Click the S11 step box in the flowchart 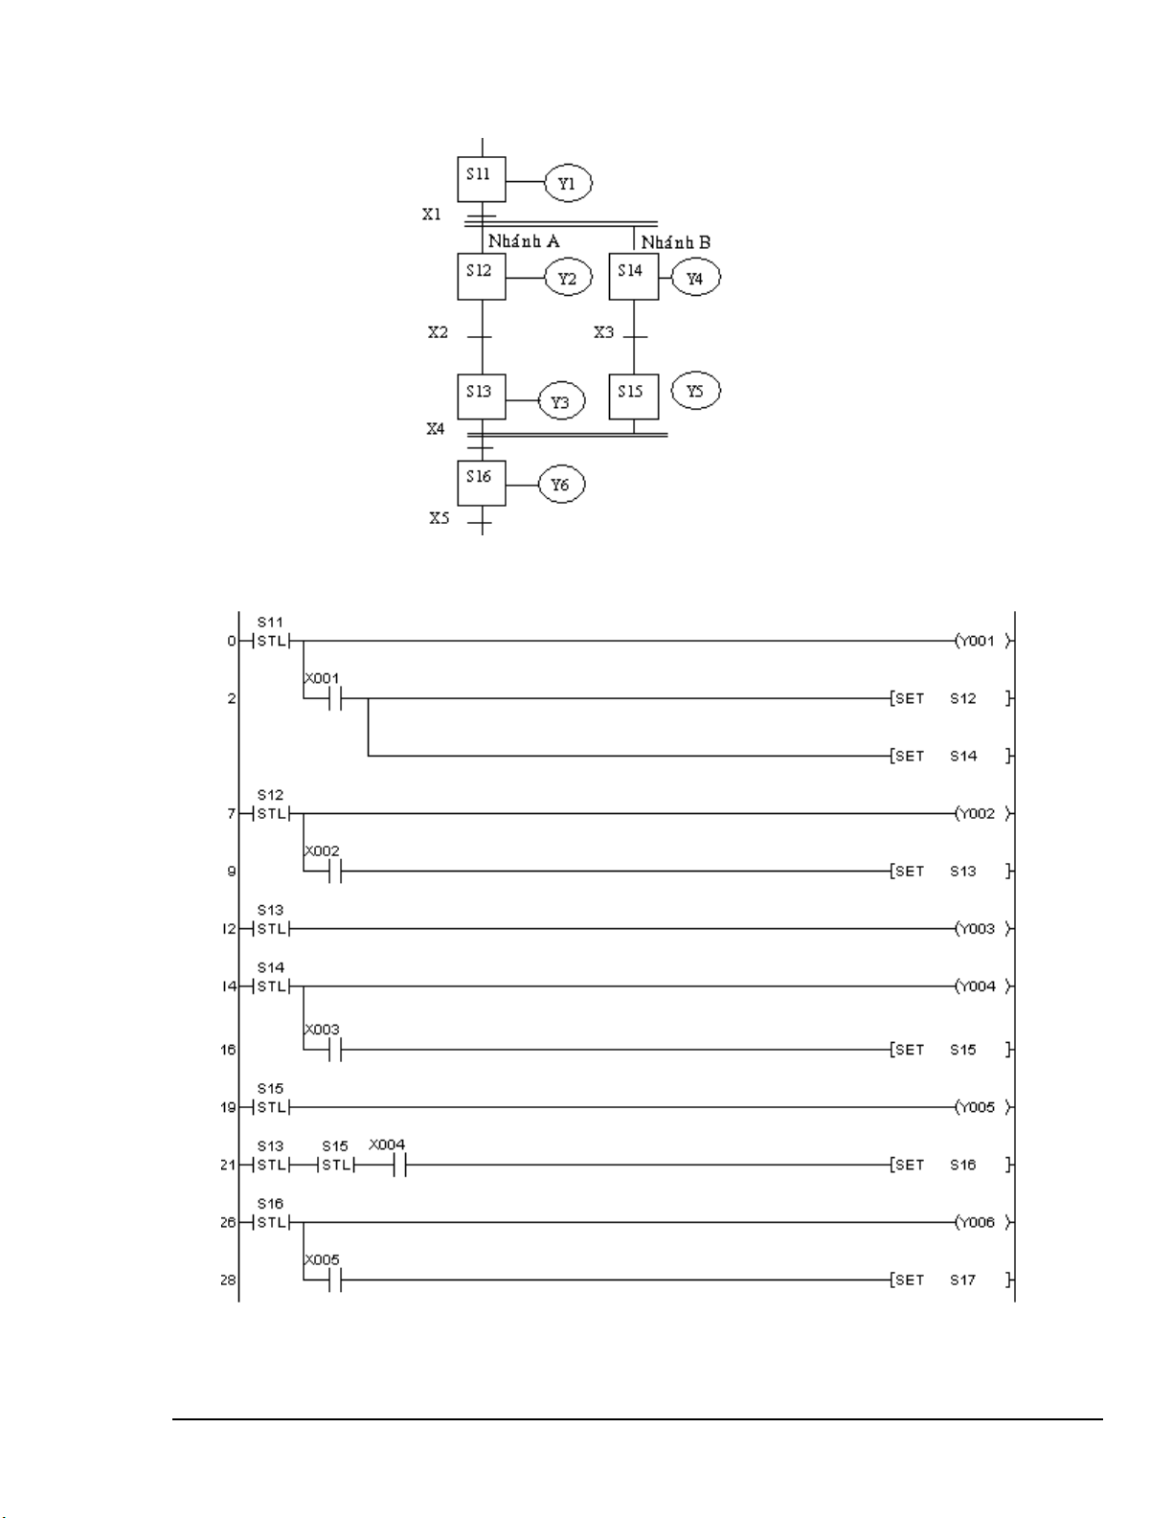(x=481, y=179)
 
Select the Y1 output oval (x=568, y=182)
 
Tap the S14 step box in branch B (x=633, y=277)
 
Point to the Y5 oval (x=696, y=392)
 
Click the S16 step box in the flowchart (x=481, y=483)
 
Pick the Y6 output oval (x=560, y=485)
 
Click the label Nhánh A (x=524, y=241)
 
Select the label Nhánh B (x=676, y=242)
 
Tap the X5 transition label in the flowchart (x=439, y=518)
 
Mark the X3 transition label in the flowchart (x=604, y=332)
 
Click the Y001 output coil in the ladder (x=981, y=641)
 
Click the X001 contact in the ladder (x=334, y=698)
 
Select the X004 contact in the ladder (x=399, y=1166)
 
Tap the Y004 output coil (x=981, y=986)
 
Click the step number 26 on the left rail (x=228, y=1223)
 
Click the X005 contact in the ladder (x=334, y=1280)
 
